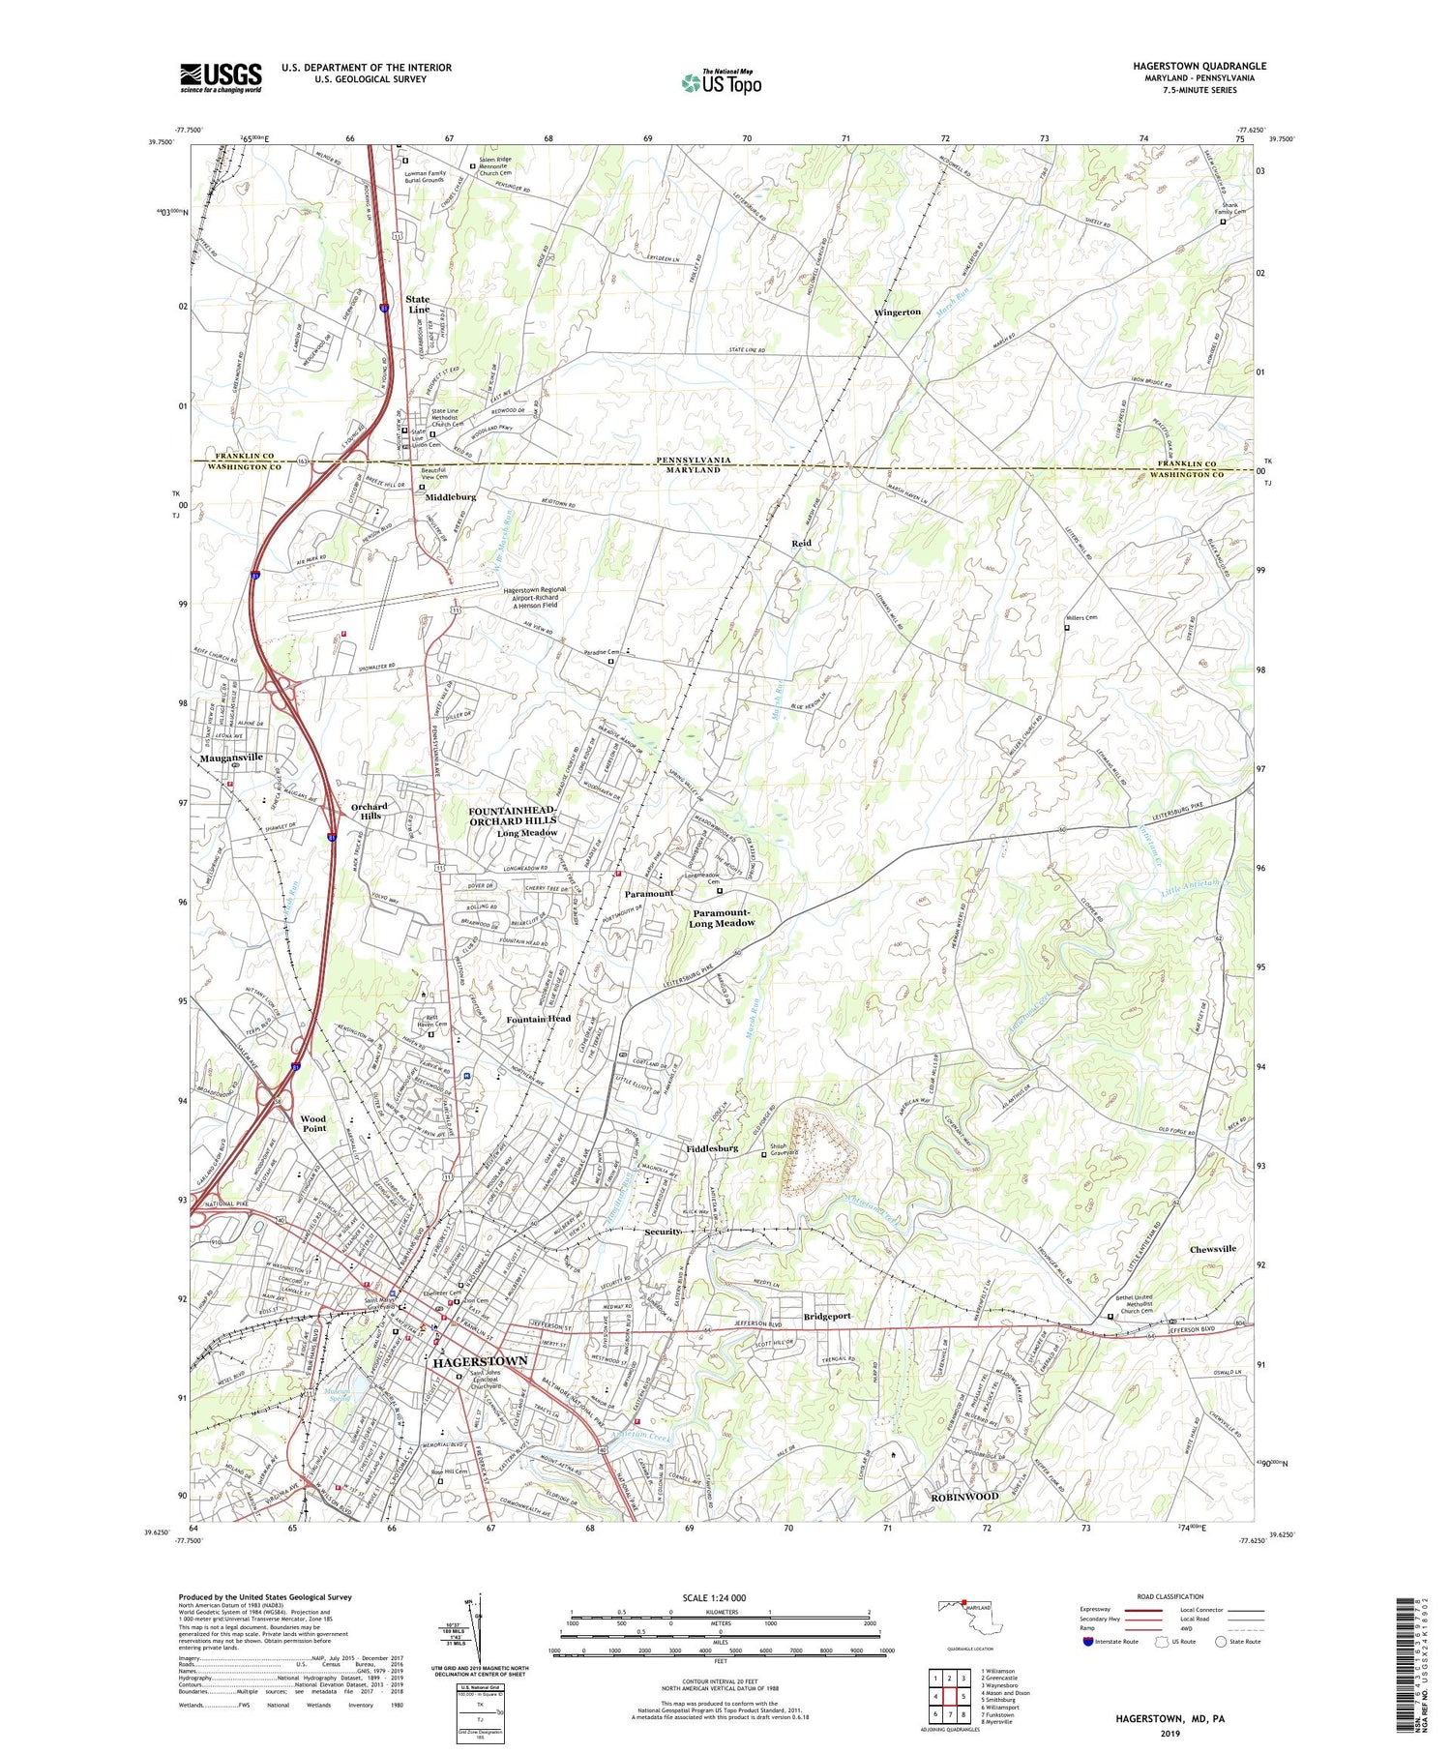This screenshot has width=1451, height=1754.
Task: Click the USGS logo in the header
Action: click(221, 77)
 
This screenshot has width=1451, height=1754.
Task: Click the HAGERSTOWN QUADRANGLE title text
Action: click(1199, 66)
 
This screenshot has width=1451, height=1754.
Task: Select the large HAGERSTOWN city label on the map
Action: click(480, 1361)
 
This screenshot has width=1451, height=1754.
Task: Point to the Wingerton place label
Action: click(897, 312)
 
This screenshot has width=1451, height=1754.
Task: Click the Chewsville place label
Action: click(1212, 1249)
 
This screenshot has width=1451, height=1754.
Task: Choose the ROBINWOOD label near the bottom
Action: click(963, 1497)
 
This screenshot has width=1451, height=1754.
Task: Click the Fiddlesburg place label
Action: click(712, 1148)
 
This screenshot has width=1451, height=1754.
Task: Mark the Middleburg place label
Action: click(451, 496)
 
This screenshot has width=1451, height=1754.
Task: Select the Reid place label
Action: click(801, 544)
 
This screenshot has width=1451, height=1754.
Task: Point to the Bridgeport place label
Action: click(827, 1317)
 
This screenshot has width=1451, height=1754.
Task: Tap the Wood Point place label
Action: click(313, 1123)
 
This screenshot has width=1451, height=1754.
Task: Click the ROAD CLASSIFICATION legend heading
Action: click(1170, 1596)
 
